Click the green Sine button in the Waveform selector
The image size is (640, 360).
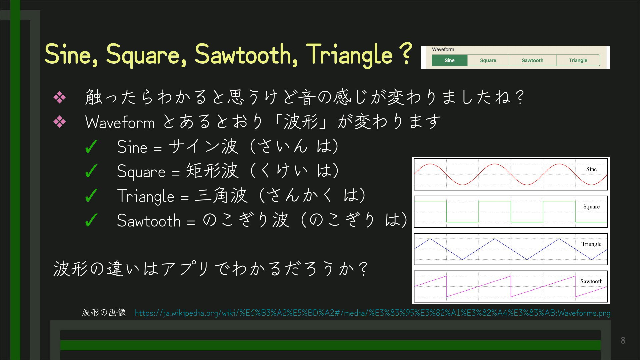tap(449, 60)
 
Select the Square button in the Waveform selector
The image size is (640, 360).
tap(488, 60)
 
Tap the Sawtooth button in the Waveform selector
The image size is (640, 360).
tap(532, 60)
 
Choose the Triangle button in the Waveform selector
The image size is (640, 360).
tap(578, 60)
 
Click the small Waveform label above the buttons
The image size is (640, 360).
tap(443, 49)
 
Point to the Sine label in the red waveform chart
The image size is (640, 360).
tap(591, 169)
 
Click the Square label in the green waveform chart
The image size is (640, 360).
tap(591, 207)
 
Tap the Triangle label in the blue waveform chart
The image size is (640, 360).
tap(591, 244)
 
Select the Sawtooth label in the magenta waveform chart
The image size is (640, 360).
tap(591, 281)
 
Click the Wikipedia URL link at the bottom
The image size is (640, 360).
tap(373, 313)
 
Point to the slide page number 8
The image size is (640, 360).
tap(623, 340)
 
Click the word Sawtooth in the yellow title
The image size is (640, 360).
tap(246, 54)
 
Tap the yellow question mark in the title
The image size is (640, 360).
tap(405, 53)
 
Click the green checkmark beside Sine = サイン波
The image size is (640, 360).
tap(91, 147)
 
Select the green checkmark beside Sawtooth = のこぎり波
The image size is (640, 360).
tap(91, 220)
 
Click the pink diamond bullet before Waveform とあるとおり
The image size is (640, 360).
tap(60, 122)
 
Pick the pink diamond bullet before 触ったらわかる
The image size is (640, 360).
tap(60, 97)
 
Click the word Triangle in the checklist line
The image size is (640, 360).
tap(146, 196)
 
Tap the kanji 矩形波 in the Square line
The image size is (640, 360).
tap(212, 171)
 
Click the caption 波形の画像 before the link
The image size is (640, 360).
tap(104, 312)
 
